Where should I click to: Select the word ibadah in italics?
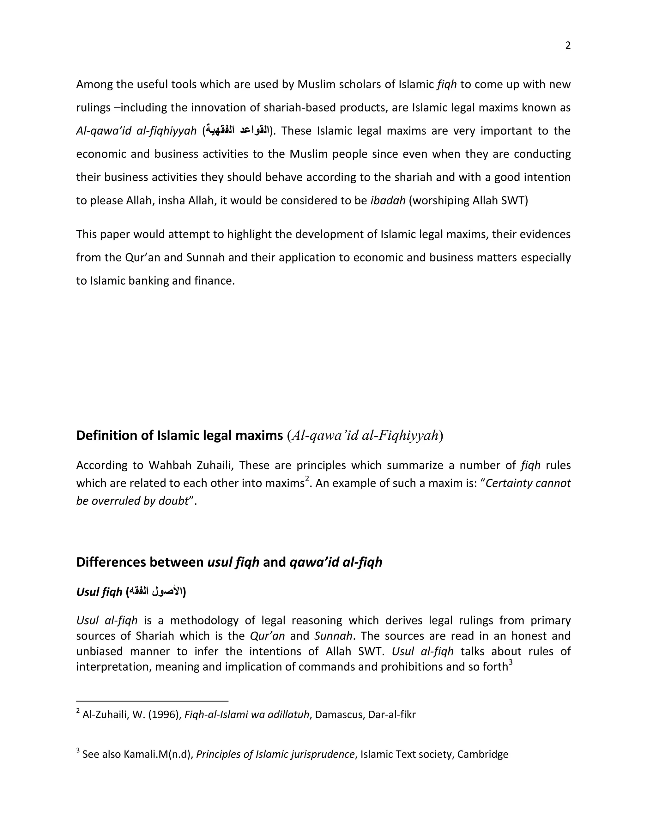(388, 201)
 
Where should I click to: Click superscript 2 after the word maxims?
(307, 479)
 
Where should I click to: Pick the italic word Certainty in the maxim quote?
(508, 483)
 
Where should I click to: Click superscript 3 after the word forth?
(510, 662)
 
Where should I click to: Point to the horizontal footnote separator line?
(152, 701)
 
